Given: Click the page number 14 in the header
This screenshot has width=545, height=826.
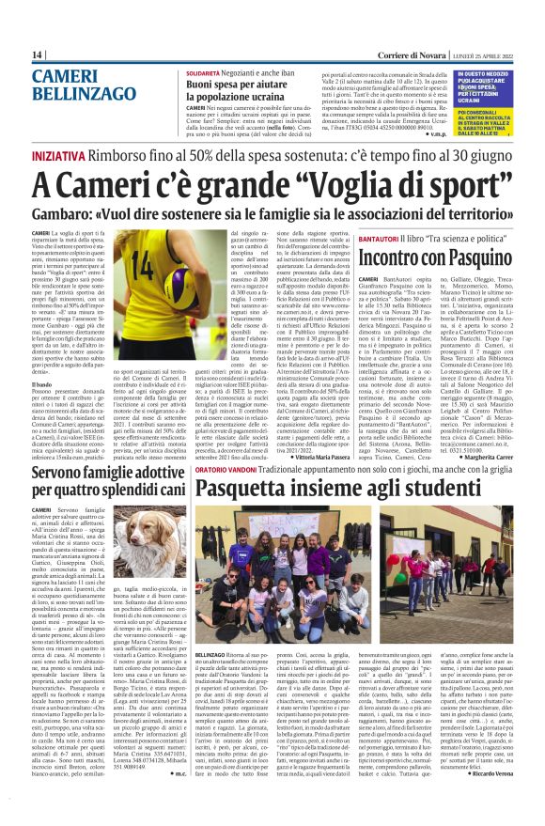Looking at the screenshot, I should pos(38,55).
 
